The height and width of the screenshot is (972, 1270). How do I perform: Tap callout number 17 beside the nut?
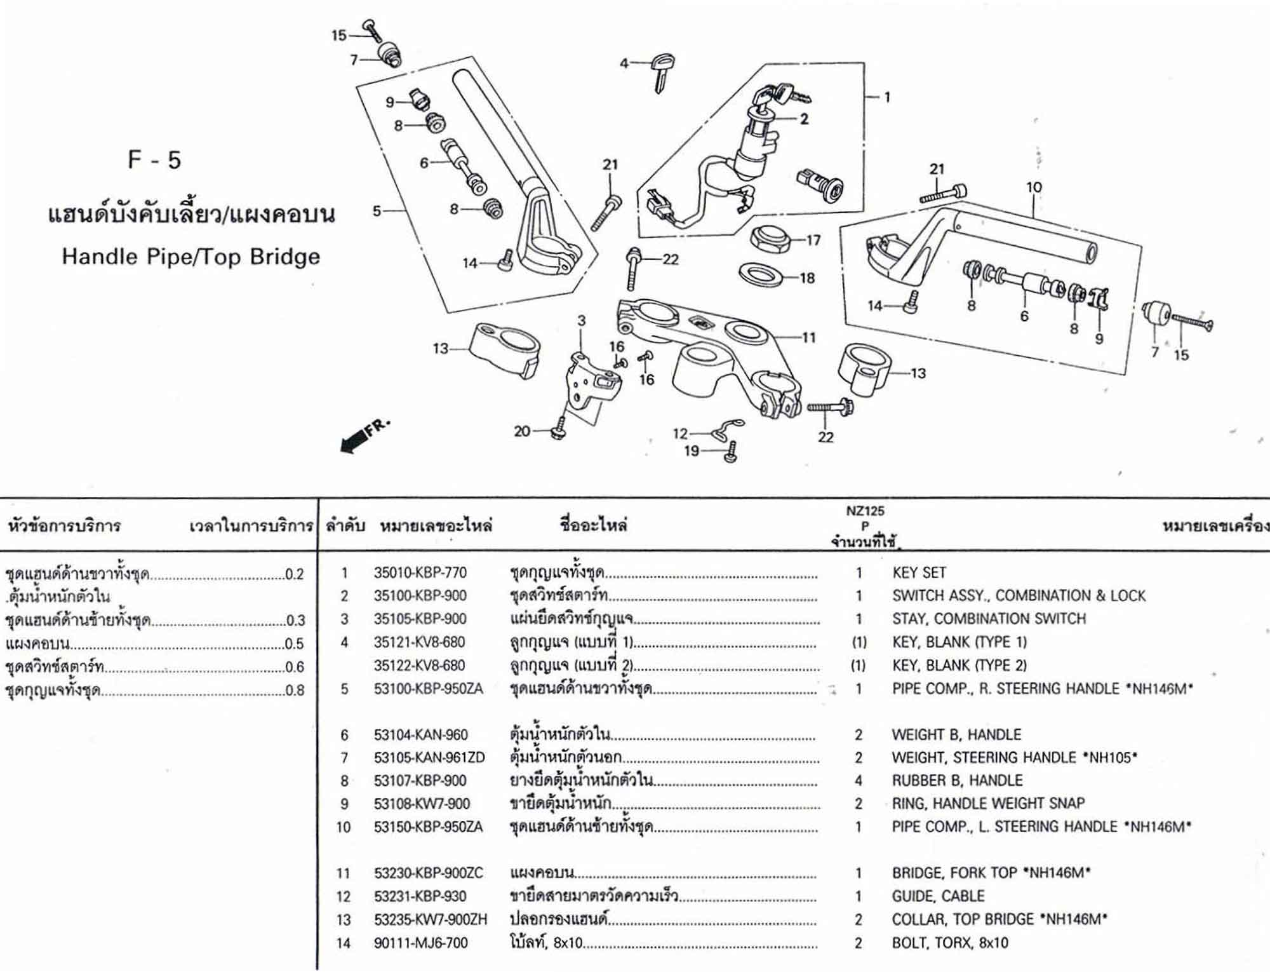(813, 240)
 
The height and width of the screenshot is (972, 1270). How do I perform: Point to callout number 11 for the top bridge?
(808, 337)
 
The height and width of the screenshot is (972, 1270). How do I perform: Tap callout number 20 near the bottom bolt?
(521, 431)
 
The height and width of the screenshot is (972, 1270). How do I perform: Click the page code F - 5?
(154, 159)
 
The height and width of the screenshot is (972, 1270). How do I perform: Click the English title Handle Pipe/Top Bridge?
(190, 257)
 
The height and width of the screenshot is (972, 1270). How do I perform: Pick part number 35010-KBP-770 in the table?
(420, 572)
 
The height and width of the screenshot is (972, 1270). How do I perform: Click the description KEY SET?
(919, 572)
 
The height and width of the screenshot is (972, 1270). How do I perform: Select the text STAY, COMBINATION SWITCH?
(989, 619)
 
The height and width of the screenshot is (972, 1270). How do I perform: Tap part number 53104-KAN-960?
(420, 735)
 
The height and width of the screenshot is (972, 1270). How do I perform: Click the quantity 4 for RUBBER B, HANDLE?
(858, 780)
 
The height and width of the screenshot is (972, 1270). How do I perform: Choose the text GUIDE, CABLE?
(938, 896)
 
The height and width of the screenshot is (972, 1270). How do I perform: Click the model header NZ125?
(864, 511)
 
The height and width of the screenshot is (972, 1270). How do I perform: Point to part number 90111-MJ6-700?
(420, 943)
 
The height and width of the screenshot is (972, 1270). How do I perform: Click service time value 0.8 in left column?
(295, 690)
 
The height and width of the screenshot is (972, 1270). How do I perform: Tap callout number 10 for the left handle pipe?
(1034, 187)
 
